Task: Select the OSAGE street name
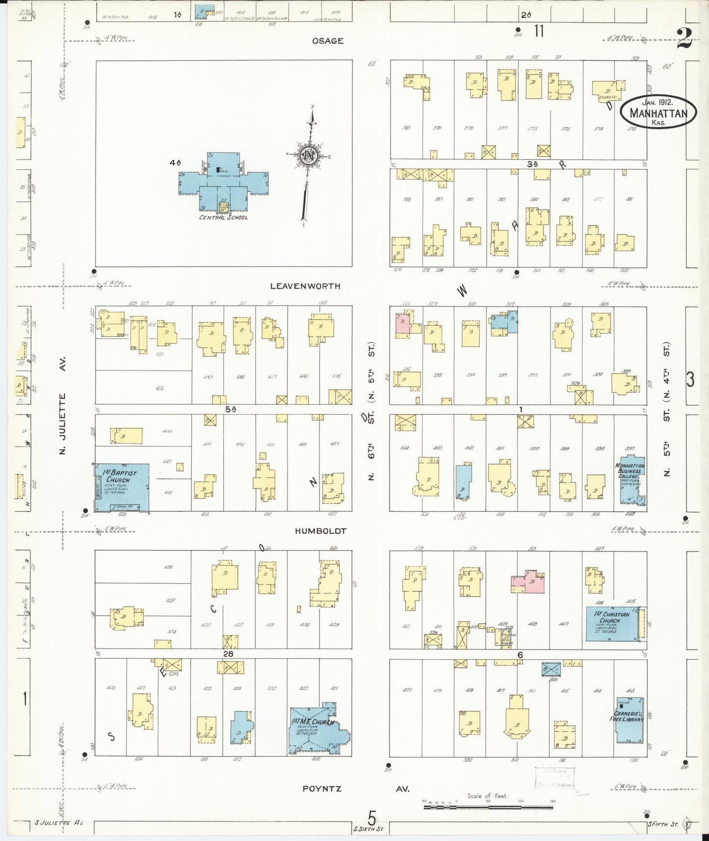point(327,41)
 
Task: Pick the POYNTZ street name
point(321,789)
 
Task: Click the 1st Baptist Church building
point(122,488)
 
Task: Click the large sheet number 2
point(684,38)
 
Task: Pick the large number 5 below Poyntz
point(372,818)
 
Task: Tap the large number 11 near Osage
point(539,31)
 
